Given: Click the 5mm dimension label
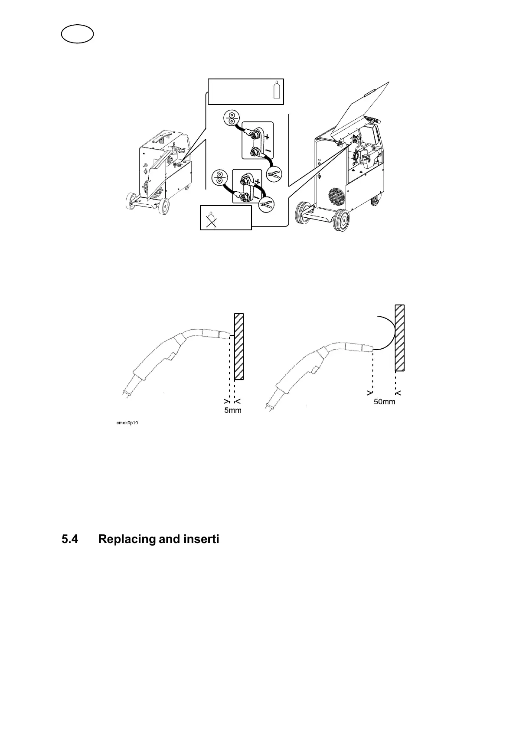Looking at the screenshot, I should point(233,410).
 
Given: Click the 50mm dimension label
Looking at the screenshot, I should point(385,402).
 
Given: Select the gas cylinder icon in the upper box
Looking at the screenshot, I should point(276,90).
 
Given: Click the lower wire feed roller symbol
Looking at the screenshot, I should point(219,177).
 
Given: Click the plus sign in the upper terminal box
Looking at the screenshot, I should point(267,137).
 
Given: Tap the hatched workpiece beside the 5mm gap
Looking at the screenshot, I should point(238,346).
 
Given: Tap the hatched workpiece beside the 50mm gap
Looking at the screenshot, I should point(400,338).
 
